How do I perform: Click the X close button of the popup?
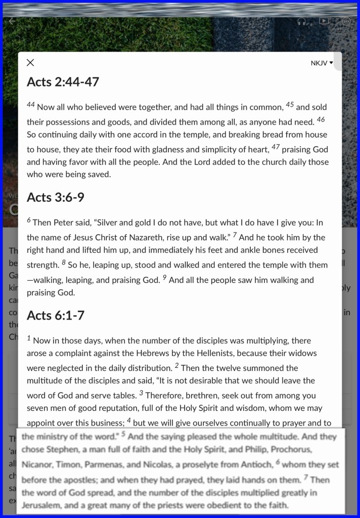(30, 63)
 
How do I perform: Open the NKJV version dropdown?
(322, 63)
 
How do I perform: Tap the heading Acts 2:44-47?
(63, 82)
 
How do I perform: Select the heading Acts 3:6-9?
(55, 197)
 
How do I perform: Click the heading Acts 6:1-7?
(55, 316)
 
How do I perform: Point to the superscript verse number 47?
(276, 147)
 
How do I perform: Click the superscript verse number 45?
(290, 105)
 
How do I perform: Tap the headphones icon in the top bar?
(302, 21)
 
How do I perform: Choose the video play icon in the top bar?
(324, 21)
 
